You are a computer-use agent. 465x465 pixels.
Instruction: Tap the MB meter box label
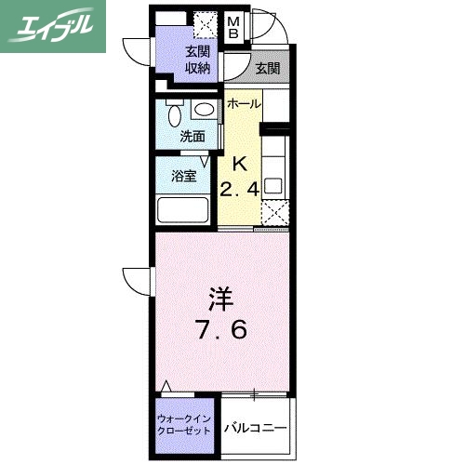233,29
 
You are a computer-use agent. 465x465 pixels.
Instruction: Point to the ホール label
244,103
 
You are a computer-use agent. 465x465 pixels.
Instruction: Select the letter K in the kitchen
239,165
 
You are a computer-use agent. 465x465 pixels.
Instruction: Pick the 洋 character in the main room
219,299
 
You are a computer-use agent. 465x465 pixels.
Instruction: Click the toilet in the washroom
174,114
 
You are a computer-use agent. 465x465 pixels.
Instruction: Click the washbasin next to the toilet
205,110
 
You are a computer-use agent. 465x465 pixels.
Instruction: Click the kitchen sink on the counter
276,183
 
